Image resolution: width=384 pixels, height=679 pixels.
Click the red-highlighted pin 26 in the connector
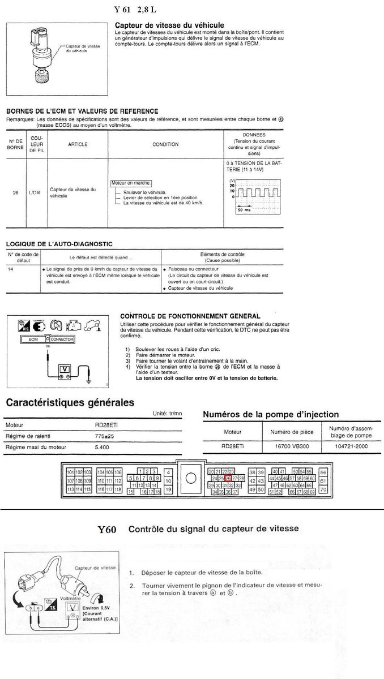(x=228, y=478)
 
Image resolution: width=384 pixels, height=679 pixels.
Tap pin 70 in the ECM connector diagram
(x=323, y=489)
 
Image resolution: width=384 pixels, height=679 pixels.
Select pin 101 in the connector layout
(x=71, y=472)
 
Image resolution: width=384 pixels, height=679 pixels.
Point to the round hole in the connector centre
(x=191, y=479)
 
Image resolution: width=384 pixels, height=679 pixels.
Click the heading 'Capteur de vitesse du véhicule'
(x=169, y=25)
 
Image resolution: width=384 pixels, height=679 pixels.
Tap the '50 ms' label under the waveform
(x=244, y=209)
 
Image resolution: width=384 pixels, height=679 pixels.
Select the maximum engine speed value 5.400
(x=103, y=447)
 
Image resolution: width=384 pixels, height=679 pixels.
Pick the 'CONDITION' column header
(x=165, y=144)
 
